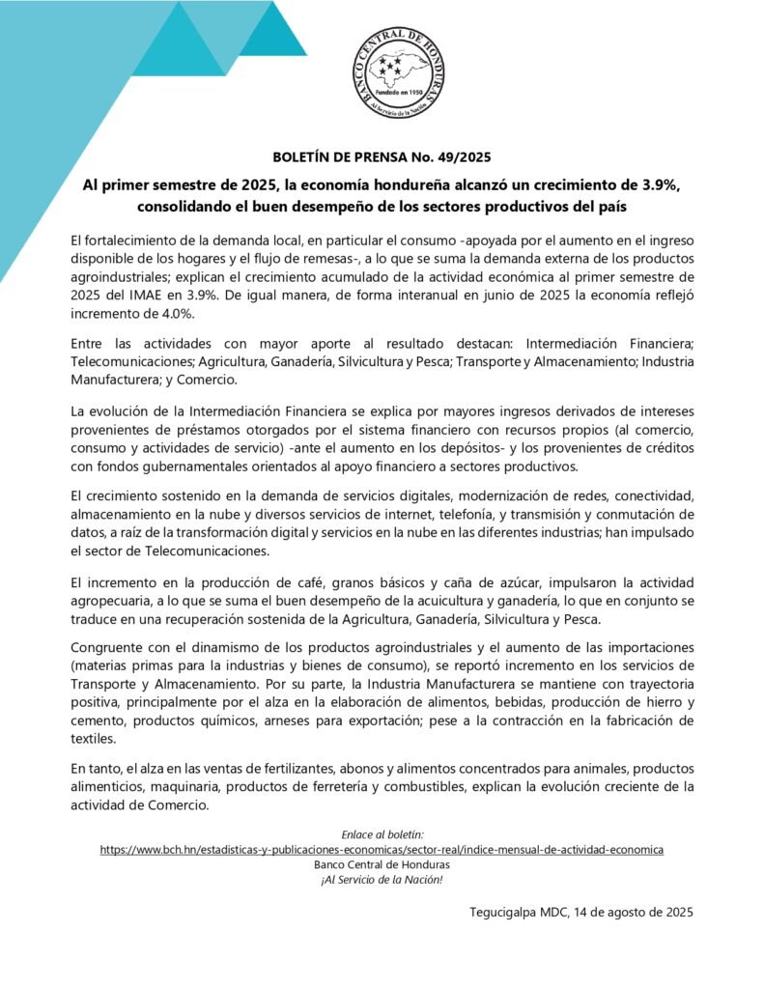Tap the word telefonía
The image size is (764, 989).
pyautogui.click(x=457, y=515)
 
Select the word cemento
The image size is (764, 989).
pyautogui.click(x=99, y=721)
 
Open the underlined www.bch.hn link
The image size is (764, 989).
pyautogui.click(x=382, y=849)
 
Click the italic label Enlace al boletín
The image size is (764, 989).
pyautogui.click(x=382, y=834)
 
